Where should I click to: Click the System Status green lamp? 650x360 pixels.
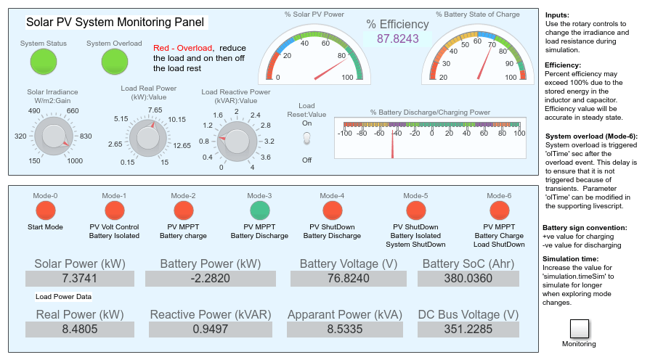[x=44, y=62]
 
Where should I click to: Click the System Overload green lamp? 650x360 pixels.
[x=115, y=62]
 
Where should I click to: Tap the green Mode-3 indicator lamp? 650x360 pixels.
[x=260, y=210]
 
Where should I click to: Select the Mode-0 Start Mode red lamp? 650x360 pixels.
[x=46, y=210]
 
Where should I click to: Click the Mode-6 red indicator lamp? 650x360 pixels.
[x=500, y=210]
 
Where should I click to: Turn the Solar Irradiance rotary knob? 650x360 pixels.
[x=54, y=136]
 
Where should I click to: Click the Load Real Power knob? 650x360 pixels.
[x=148, y=138]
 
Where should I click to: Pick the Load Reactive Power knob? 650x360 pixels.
[x=237, y=141]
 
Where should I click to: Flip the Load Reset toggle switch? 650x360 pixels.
[x=306, y=139]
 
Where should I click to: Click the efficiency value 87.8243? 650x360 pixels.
[x=398, y=39]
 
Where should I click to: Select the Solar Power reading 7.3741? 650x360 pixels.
[x=80, y=279]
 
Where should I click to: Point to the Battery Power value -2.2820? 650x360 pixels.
[x=211, y=279]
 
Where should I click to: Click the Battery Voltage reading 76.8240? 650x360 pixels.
[x=348, y=279]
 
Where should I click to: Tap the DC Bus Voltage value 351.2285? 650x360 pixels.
[x=468, y=330]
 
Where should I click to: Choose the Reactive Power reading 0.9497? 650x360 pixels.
[x=211, y=330]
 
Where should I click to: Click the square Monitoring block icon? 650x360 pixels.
[x=579, y=329]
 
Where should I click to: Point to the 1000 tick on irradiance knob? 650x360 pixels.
[x=75, y=160]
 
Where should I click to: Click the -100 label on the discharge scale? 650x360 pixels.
[x=345, y=134]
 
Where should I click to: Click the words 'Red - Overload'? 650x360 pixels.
[x=183, y=48]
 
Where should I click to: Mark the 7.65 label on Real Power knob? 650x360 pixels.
[x=155, y=110]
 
